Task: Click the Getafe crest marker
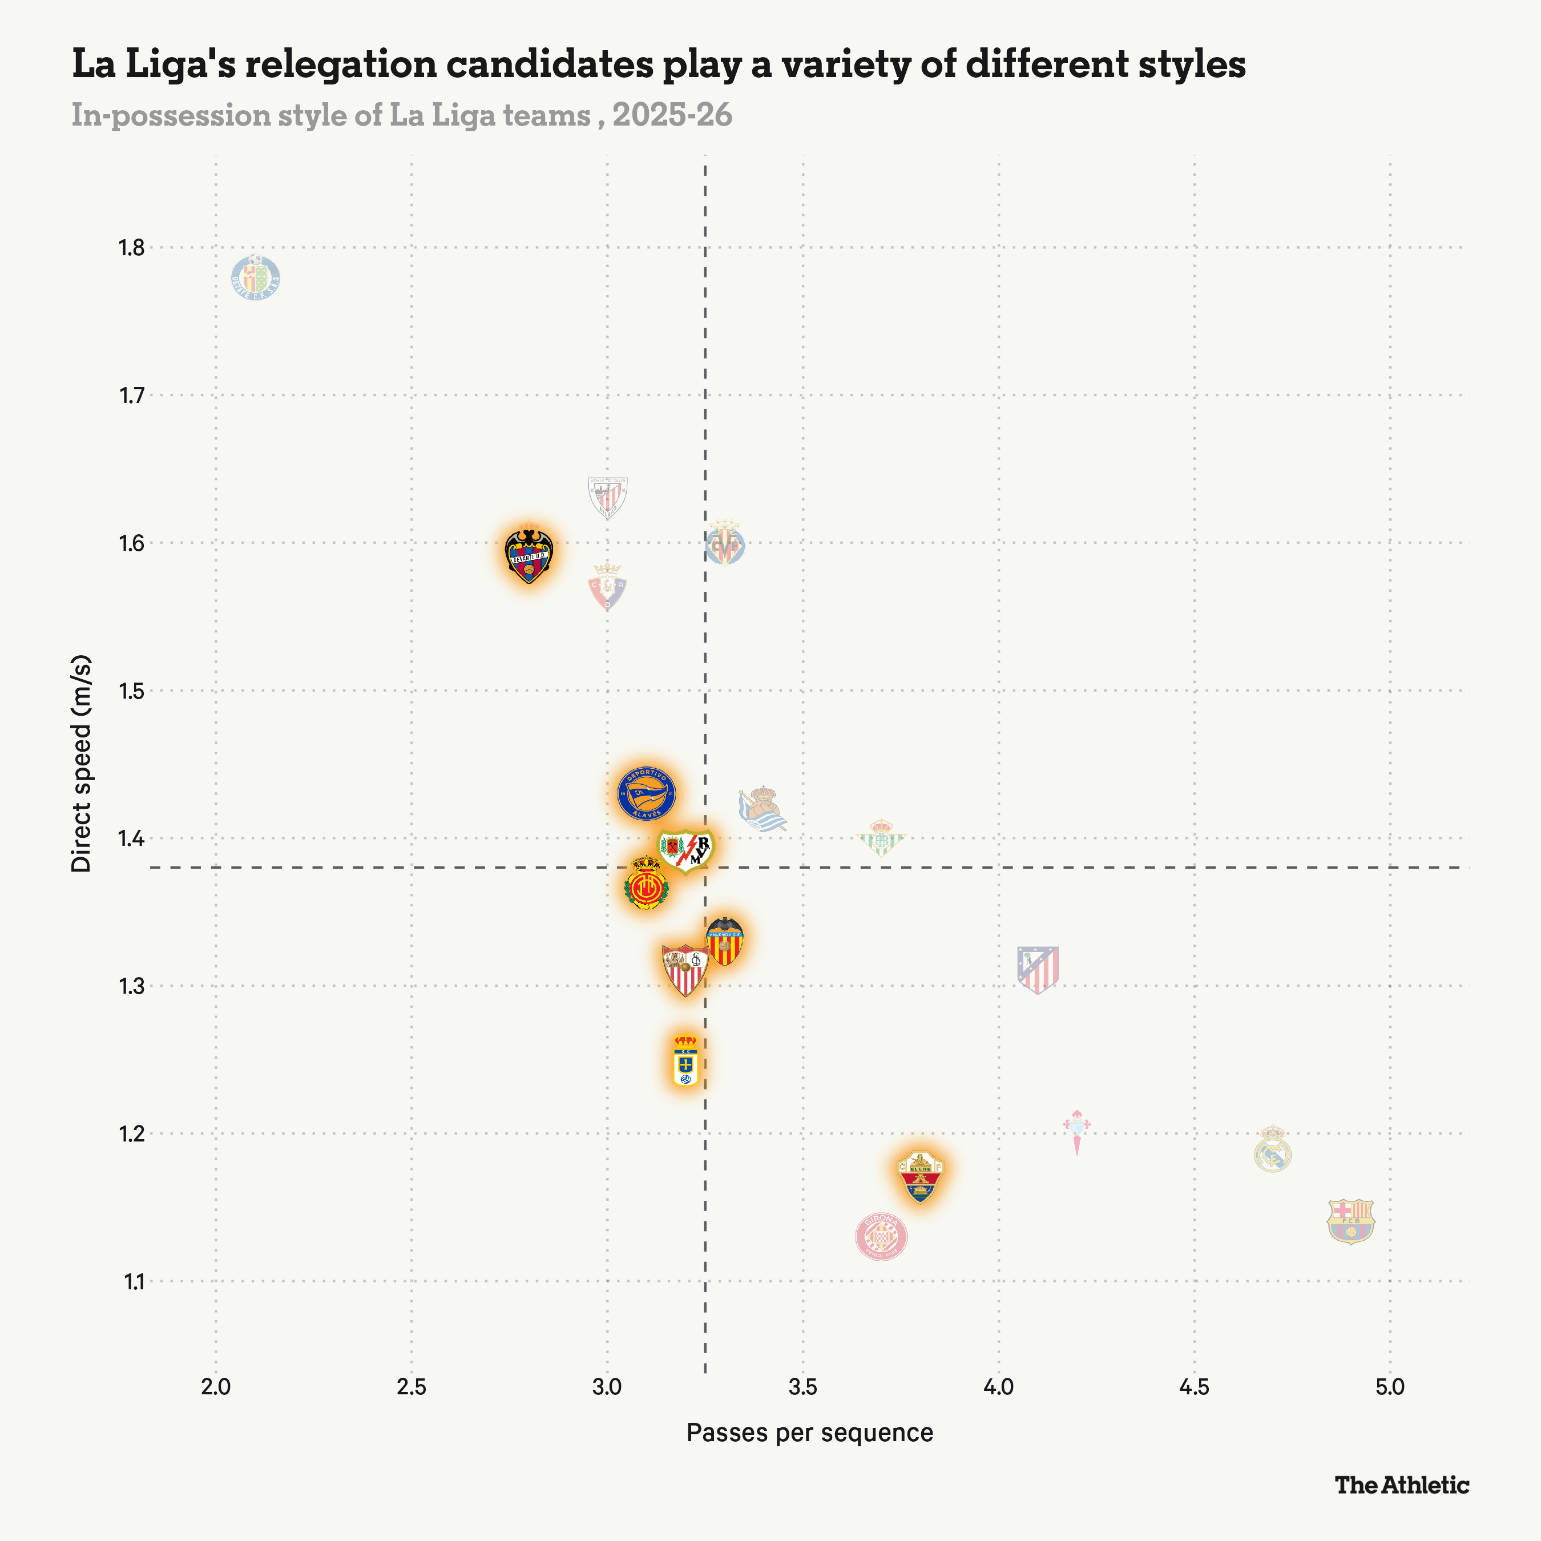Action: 255,279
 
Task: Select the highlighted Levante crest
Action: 529,554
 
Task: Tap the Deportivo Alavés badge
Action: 647,794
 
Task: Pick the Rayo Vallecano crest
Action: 685,850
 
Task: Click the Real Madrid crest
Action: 1272,1149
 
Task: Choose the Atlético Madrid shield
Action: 1038,969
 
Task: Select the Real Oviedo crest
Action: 685,1061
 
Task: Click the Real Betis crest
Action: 881,837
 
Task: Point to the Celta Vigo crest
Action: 1077,1131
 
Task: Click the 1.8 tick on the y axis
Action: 132,248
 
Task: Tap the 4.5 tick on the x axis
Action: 1194,1387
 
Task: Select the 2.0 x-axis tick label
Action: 215,1387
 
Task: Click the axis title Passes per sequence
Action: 809,1433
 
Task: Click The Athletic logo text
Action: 1401,1485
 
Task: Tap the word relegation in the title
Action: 341,64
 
